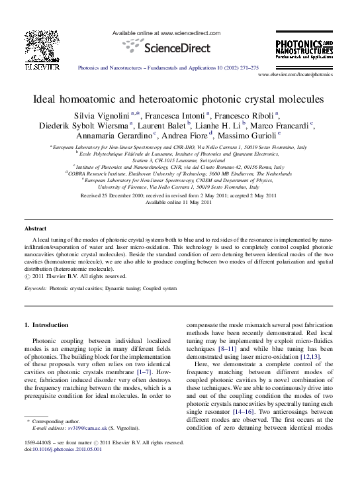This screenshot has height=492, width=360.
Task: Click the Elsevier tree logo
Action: [42, 46]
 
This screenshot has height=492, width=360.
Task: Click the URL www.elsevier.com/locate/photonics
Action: [294, 75]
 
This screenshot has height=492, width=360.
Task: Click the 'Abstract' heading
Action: [35, 228]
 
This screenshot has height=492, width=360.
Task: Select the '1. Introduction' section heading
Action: [46, 325]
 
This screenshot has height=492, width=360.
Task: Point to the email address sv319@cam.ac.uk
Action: [81, 428]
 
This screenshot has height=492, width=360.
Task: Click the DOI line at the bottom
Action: [58, 448]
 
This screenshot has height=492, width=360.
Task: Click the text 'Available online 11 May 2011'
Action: [179, 203]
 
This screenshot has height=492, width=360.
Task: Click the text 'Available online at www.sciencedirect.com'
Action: [165, 32]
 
